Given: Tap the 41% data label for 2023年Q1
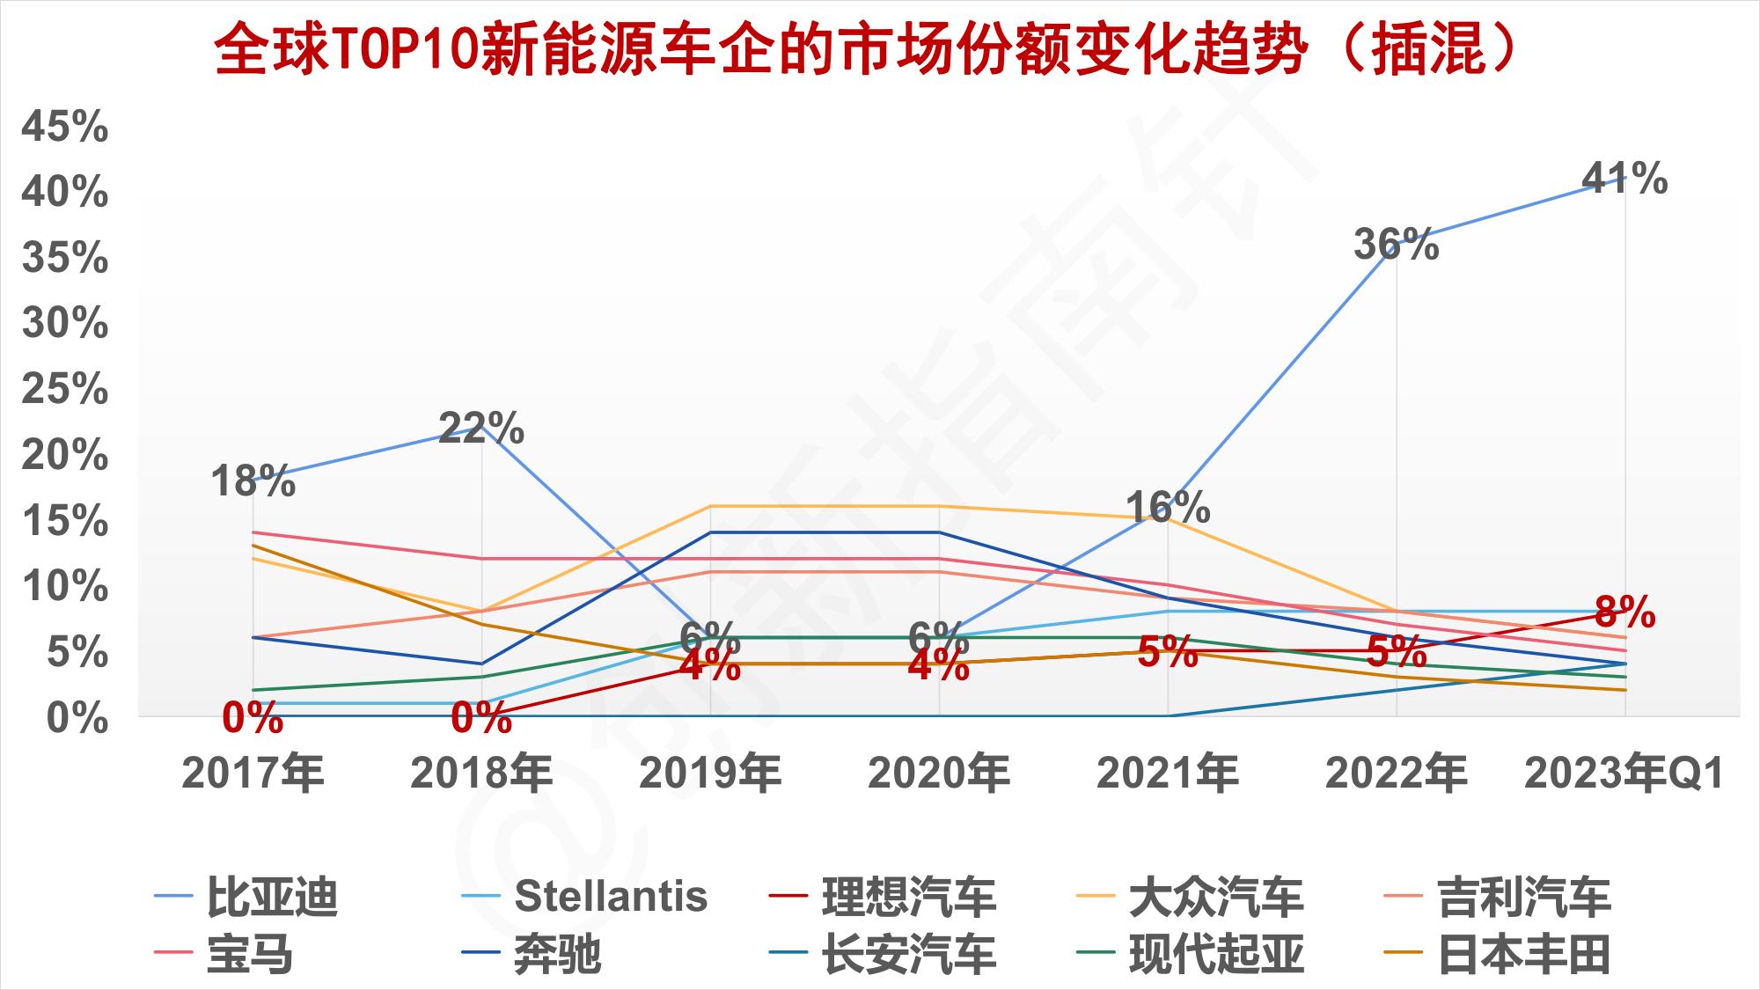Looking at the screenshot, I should pos(1624,179).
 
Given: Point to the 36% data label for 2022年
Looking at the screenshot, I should pos(1396,244).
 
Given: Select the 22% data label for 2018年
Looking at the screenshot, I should pos(481,429).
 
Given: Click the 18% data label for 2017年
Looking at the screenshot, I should pos(253,481).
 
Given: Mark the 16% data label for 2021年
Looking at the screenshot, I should pos(1168,508).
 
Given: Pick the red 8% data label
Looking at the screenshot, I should pos(1624,612).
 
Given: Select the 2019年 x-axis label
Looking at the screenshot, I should pos(710,774).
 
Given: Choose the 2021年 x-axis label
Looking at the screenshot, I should pos(1168,774).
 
